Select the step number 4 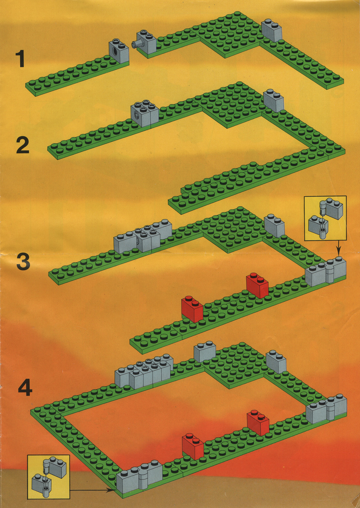click(25, 388)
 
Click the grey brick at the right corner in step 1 click(272, 30)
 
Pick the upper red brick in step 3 click(257, 285)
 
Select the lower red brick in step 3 click(192, 309)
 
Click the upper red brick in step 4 click(258, 422)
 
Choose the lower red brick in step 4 click(193, 446)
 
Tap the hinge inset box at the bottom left click(49, 476)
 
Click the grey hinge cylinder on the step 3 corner click(329, 272)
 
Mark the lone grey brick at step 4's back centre click(205, 352)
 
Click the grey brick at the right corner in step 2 click(274, 100)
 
